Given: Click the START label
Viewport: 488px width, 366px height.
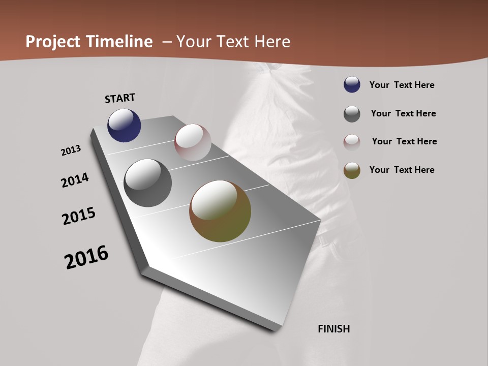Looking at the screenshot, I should point(120,98).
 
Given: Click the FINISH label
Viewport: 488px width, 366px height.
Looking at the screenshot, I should point(334,329).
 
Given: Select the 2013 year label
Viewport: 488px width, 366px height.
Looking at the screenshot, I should point(71,150).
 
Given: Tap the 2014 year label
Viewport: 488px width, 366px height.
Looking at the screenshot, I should point(75,180).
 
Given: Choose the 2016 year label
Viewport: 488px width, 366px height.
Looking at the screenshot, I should point(86,257).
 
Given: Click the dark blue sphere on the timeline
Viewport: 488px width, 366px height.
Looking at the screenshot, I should point(124,126).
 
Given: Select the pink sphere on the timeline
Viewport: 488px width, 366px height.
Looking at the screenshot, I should point(193,142).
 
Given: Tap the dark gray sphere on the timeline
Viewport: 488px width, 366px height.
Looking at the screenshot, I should point(148,183).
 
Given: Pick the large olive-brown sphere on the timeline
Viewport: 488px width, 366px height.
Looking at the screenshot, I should point(220,211).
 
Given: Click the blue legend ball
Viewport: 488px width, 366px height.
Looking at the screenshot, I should point(352,85).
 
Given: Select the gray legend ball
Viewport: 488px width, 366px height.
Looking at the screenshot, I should point(352,114).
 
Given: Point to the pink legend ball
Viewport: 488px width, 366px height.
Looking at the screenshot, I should point(352,142).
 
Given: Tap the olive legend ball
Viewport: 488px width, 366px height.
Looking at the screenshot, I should point(352,170).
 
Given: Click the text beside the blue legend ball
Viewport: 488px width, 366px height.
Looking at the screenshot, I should point(402,85).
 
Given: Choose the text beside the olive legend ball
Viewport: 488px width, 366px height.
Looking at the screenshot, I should point(402,170).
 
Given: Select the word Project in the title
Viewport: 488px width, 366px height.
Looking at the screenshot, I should point(53,42).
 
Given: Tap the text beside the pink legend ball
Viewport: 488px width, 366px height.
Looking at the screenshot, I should point(404,141).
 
